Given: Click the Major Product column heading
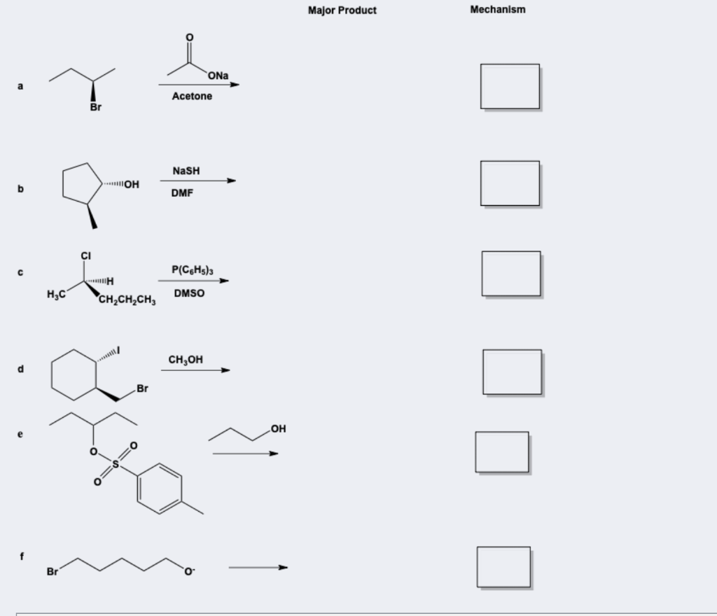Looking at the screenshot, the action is [342, 10].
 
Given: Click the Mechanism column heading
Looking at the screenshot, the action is [498, 10].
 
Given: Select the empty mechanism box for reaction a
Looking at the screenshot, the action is [510, 86].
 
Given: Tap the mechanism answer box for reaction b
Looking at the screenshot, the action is [510, 183].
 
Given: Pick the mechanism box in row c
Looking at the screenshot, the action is [510, 273].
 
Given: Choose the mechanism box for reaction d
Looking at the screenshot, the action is [511, 371].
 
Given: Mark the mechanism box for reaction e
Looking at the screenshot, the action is [502, 451].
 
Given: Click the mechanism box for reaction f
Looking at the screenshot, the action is [503, 566].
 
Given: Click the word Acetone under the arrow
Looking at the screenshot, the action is [192, 97].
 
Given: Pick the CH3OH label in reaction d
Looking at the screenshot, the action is [186, 360].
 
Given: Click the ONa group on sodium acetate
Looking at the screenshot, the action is [218, 76].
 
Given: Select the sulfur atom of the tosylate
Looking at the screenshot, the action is [117, 465].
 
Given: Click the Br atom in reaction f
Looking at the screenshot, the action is [53, 573].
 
